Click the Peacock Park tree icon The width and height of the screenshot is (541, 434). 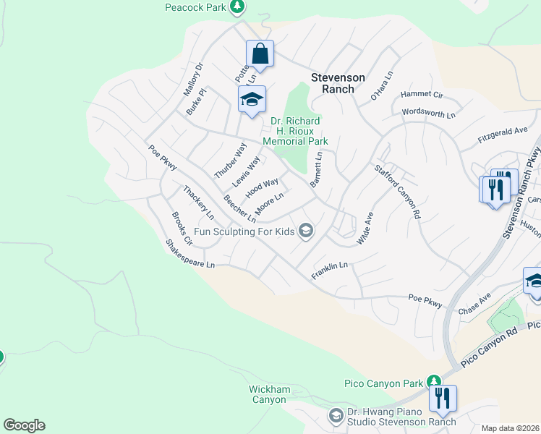(x=237, y=7)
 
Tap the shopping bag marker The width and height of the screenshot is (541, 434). (x=260, y=54)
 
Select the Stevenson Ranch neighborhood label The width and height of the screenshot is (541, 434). (x=338, y=83)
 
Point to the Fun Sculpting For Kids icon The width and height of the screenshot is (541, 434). (x=306, y=231)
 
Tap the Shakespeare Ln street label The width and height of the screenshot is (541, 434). (x=190, y=255)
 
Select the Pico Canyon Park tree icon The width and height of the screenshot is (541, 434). (x=434, y=380)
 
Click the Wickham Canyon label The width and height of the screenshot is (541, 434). (x=270, y=394)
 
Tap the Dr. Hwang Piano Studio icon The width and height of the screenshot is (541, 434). (x=335, y=416)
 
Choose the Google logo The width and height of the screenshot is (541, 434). (x=24, y=425)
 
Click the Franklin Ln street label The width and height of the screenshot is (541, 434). (x=330, y=271)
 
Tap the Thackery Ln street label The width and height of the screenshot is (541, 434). (x=198, y=203)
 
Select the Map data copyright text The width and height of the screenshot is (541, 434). (x=511, y=428)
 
